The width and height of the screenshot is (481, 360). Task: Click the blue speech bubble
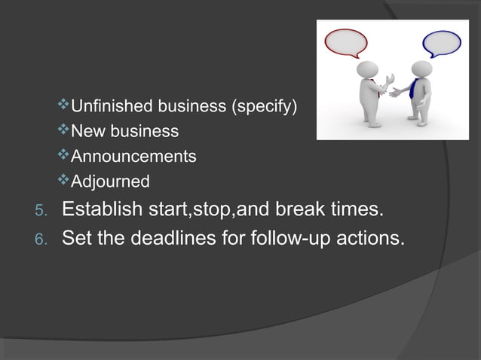441,43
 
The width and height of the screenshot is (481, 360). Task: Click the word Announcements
133,157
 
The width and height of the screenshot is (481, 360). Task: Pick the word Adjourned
109,182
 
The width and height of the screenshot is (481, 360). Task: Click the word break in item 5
293,209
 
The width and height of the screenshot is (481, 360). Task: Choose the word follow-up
296,239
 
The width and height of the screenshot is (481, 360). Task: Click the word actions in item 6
373,239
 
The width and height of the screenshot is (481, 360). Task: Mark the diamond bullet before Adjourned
63,181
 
